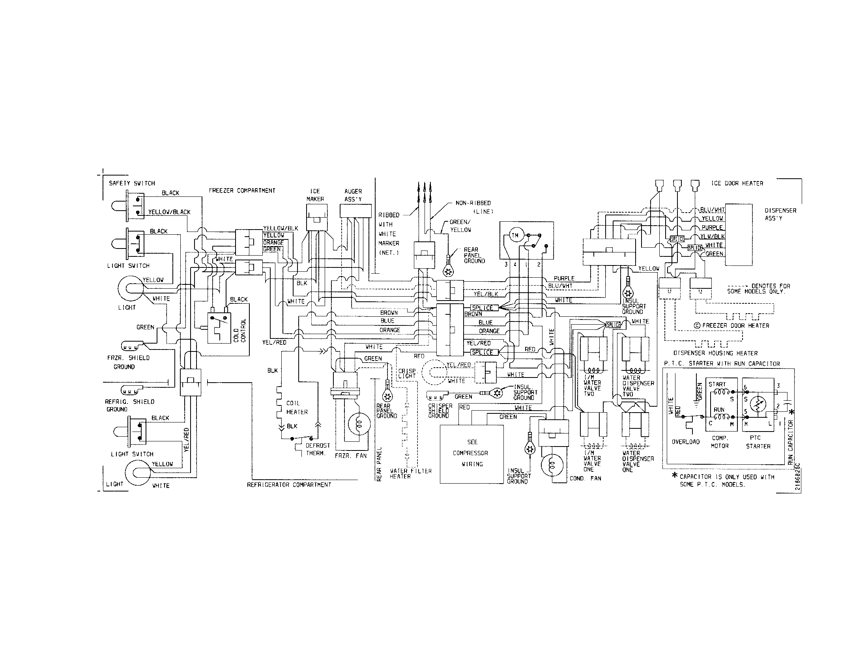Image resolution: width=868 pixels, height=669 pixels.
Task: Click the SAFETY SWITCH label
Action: (x=132, y=183)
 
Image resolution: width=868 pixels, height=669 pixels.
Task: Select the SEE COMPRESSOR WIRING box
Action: (x=472, y=454)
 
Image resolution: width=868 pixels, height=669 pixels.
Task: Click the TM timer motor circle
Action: (x=514, y=235)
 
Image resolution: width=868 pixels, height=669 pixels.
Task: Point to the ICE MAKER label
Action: (x=315, y=195)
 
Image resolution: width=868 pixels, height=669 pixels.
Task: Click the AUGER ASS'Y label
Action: (x=353, y=195)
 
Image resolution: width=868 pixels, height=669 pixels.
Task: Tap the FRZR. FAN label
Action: (x=350, y=456)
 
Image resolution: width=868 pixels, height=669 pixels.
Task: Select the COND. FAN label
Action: (x=585, y=478)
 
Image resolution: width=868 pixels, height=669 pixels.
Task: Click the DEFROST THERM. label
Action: (x=318, y=449)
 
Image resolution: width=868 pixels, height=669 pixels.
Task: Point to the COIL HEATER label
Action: (x=296, y=407)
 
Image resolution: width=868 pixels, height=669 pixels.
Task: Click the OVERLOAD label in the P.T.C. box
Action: (x=686, y=442)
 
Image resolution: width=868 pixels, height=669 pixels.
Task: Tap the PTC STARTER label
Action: (x=758, y=442)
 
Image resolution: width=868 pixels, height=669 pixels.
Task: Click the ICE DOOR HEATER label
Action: (x=737, y=183)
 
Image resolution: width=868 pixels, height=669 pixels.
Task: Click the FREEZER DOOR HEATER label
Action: (x=735, y=326)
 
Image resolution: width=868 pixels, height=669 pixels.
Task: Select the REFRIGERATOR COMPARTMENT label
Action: (x=289, y=485)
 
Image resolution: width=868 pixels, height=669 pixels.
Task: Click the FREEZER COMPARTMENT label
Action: (x=242, y=191)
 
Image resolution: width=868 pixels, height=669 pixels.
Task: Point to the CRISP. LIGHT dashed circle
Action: (x=435, y=372)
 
